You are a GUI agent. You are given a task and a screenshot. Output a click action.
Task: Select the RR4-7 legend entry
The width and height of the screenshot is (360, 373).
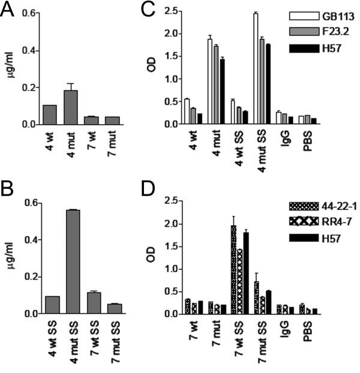[327, 221]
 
